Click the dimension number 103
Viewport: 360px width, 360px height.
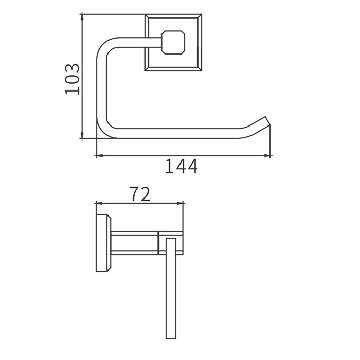tap(72, 79)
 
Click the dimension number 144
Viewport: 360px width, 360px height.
tap(181, 166)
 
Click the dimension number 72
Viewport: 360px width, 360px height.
tap(139, 194)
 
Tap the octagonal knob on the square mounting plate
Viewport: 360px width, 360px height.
tap(173, 43)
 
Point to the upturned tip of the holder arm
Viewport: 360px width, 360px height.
tap(266, 120)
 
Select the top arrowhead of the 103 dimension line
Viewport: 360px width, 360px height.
tap(82, 17)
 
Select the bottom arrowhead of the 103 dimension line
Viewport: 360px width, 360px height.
tap(82, 135)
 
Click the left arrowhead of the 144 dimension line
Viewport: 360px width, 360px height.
tap(99, 156)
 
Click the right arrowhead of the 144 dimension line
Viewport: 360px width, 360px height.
tap(267, 156)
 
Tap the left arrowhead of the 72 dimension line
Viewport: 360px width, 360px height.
tap(99, 203)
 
